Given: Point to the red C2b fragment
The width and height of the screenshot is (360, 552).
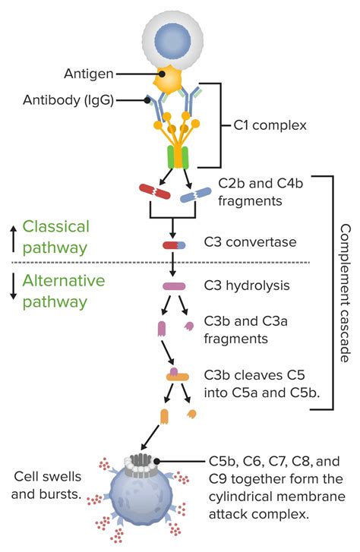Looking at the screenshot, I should pos(153,191).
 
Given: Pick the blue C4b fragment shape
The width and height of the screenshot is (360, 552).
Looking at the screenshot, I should pos(194,195).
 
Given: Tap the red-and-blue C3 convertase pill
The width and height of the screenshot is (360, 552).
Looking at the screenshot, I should pos(173,245).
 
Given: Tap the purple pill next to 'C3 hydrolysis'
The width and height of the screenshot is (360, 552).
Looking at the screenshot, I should pos(173,286).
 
